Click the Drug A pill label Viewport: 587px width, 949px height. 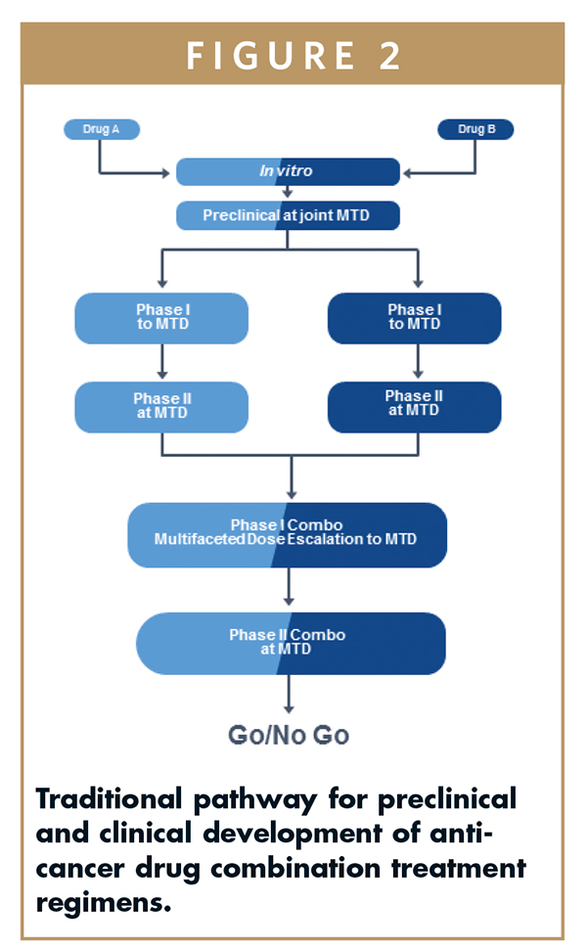tap(102, 129)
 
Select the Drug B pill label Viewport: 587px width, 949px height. tap(475, 129)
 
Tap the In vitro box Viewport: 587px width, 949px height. tap(288, 171)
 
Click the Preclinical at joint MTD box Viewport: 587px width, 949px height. tap(288, 215)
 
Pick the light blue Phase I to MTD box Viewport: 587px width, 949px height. tap(161, 318)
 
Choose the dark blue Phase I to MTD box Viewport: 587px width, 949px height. tap(414, 318)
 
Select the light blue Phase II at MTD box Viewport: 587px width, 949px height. tap(161, 406)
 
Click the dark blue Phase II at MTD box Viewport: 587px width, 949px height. tap(414, 405)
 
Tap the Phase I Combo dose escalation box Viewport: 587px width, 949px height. tap(288, 534)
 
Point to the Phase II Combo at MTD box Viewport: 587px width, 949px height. tap(290, 643)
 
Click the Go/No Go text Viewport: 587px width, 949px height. tap(288, 735)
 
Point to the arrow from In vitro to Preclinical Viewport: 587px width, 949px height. tap(288, 193)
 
